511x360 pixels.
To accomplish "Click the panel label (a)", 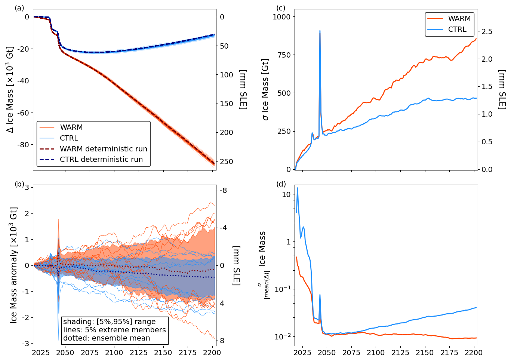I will [19, 8].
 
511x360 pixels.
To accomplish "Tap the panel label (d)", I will [281, 184].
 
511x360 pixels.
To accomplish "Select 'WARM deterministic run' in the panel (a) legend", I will [103, 149].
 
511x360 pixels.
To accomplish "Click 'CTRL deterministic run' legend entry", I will [101, 160].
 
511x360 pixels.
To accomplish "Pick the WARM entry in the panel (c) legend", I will [459, 18].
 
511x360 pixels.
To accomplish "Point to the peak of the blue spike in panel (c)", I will [320, 31].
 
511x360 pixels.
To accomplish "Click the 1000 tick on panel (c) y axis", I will [281, 17].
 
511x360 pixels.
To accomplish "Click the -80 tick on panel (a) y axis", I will [24, 145].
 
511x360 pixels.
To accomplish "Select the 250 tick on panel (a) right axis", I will [227, 161].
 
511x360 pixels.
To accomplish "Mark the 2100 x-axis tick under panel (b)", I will [114, 353].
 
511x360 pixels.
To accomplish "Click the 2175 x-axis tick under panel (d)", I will [449, 353].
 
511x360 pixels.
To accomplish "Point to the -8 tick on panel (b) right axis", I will [223, 191].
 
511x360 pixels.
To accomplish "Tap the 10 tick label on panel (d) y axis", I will [286, 194].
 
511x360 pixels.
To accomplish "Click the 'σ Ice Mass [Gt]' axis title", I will [266, 89].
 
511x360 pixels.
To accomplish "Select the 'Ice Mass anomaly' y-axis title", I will [14, 265].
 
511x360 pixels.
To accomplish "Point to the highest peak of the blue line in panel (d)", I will [298, 188].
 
